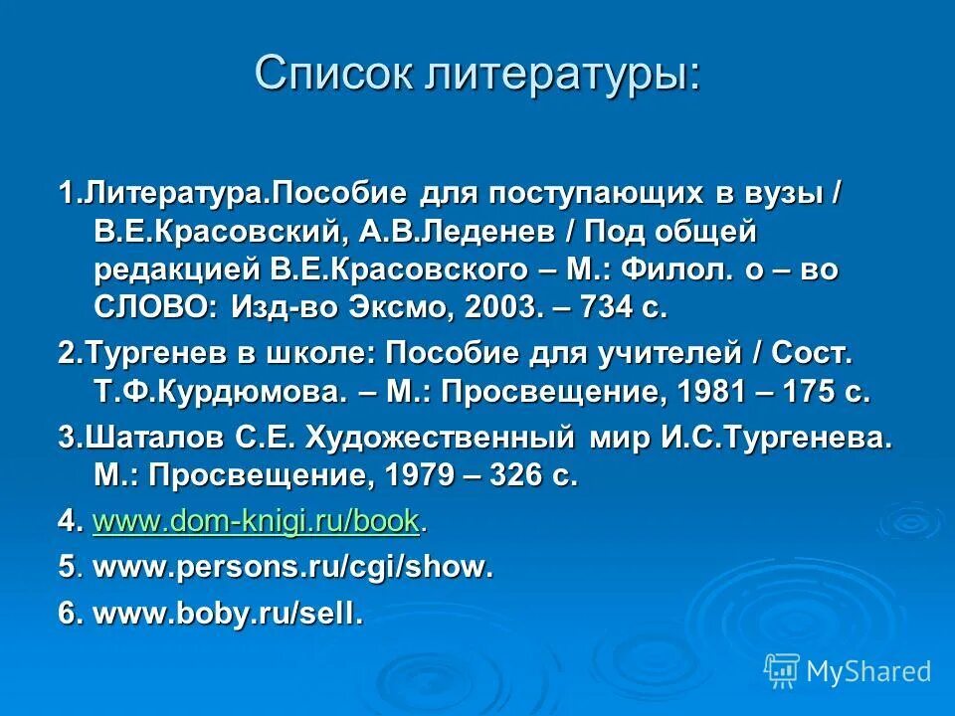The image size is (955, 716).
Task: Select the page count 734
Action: pyautogui.click(x=601, y=308)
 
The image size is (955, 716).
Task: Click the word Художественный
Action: pyautogui.click(x=439, y=439)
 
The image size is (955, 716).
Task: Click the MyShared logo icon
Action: pyautogui.click(x=782, y=670)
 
